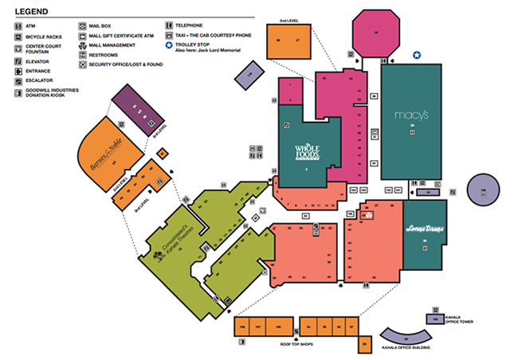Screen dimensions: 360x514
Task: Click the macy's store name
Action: tap(411, 115)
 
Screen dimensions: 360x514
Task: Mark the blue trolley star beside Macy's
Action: tap(416, 55)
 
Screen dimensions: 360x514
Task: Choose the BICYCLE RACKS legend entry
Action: tap(45, 37)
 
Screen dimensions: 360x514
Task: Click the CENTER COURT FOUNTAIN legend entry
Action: tap(45, 49)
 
